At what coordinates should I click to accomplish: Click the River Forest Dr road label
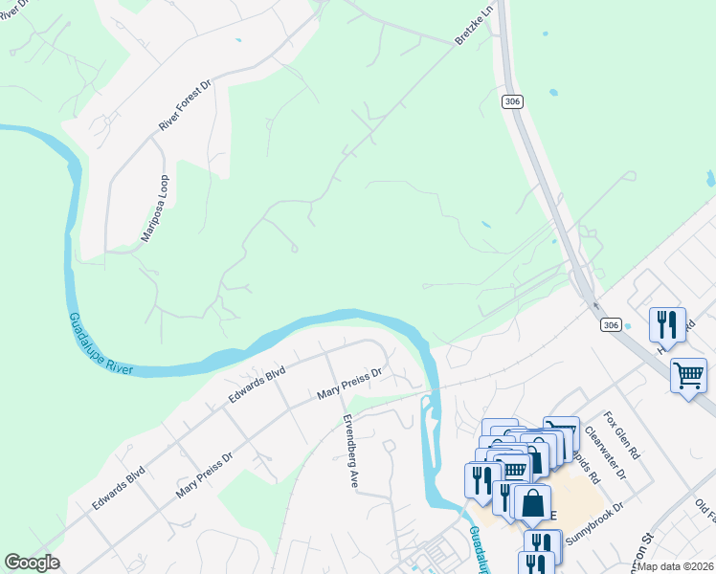coord(184,106)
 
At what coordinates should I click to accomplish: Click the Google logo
coord(33,563)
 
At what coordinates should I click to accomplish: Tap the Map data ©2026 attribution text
coord(675,566)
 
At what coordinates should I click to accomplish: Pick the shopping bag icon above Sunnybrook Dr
coord(532,501)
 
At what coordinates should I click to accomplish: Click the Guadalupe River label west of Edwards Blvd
coord(99,343)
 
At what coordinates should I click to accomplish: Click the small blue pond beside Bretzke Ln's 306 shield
coord(553,93)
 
